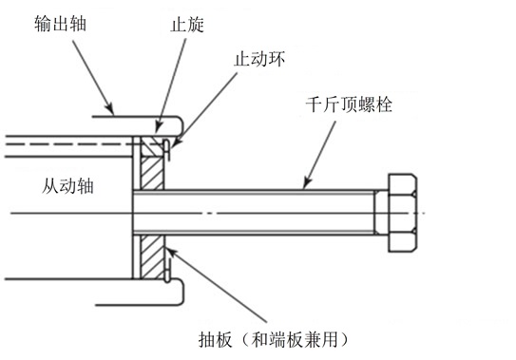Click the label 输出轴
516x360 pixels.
click(x=60, y=24)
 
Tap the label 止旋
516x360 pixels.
click(x=187, y=25)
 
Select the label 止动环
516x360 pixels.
click(x=259, y=59)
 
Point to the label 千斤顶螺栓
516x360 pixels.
click(x=349, y=104)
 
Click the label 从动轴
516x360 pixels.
click(x=67, y=186)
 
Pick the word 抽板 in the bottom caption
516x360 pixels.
click(x=216, y=339)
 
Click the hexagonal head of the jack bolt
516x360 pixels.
click(x=403, y=213)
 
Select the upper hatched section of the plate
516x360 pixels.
click(x=152, y=163)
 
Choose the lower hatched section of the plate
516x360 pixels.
click(x=152, y=257)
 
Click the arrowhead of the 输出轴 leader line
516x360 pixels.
click(x=110, y=109)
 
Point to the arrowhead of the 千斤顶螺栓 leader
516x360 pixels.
click(x=307, y=183)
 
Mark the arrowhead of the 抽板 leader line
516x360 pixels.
click(x=171, y=252)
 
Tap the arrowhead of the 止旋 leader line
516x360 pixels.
click(x=159, y=126)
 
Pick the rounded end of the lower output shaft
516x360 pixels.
click(x=180, y=292)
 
